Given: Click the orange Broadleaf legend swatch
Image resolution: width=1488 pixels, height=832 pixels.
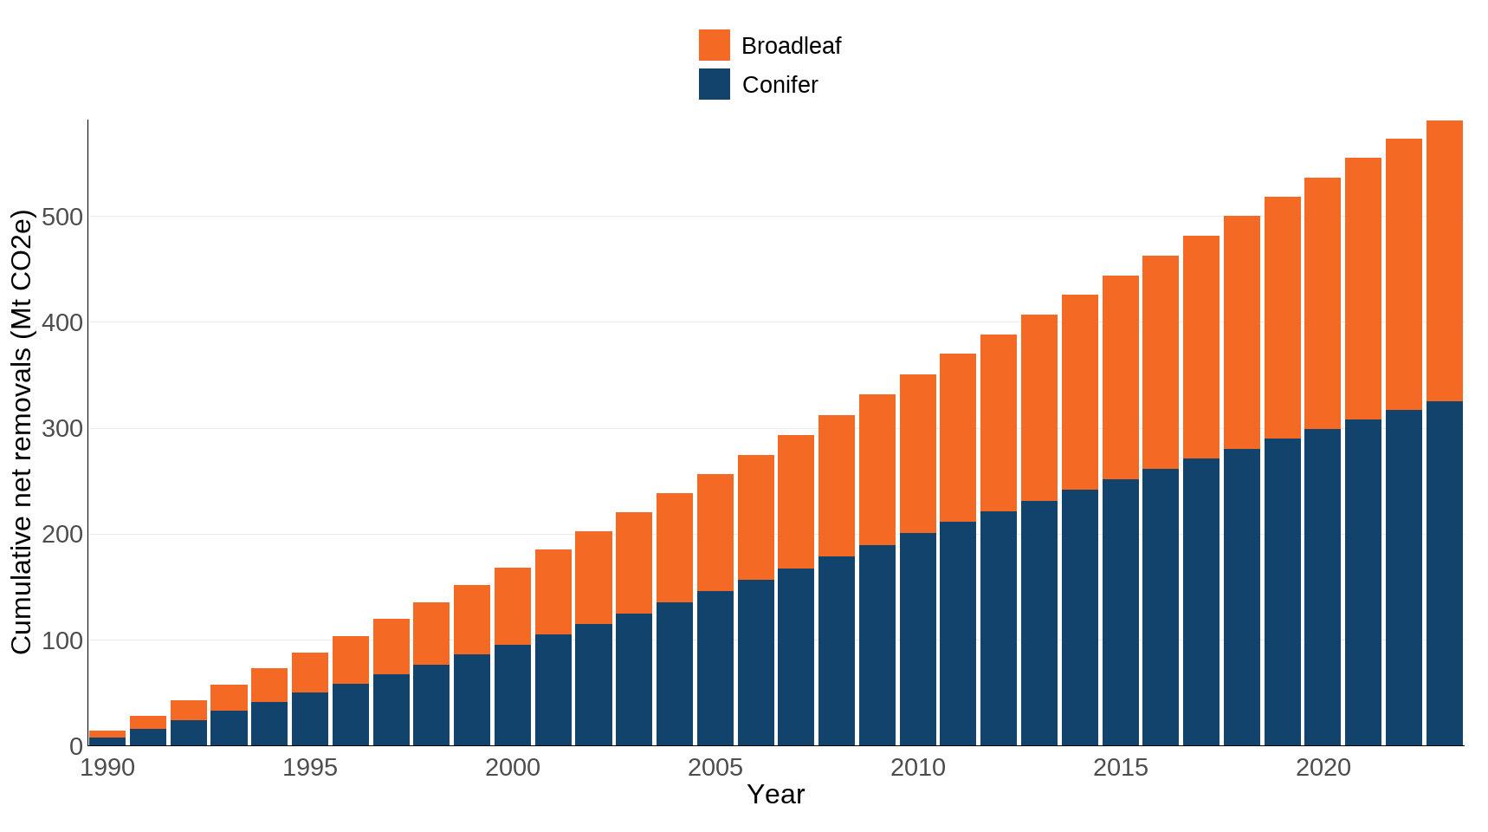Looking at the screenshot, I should [x=714, y=45].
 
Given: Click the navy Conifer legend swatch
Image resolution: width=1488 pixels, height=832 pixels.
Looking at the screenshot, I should [x=714, y=84].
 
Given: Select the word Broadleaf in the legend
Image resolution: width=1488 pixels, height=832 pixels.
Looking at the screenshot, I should [x=791, y=46].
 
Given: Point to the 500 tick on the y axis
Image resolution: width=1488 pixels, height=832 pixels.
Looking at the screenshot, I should [x=62, y=217].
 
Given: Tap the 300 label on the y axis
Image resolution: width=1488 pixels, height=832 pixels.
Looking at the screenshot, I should [x=62, y=429].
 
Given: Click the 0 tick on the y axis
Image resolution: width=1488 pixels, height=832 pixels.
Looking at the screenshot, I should [x=76, y=746].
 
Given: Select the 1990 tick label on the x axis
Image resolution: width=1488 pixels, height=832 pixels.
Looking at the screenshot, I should [x=107, y=768].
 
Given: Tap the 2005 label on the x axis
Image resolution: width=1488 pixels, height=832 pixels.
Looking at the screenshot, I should [x=715, y=768].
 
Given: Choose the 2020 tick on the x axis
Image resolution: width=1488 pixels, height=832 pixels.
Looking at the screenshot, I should [x=1323, y=768].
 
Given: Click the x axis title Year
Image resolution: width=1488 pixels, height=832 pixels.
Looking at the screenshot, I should [x=775, y=795].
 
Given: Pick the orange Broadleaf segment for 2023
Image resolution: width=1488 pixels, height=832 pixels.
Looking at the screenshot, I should [x=1444, y=260].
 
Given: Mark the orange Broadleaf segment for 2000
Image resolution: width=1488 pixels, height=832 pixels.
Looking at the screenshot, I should [x=512, y=606].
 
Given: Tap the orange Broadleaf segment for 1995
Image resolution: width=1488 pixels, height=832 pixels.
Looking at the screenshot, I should [x=310, y=673].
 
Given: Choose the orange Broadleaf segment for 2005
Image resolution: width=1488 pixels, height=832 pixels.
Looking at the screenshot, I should [x=715, y=532].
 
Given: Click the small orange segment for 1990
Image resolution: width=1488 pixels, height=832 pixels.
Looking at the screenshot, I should [x=107, y=734].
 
